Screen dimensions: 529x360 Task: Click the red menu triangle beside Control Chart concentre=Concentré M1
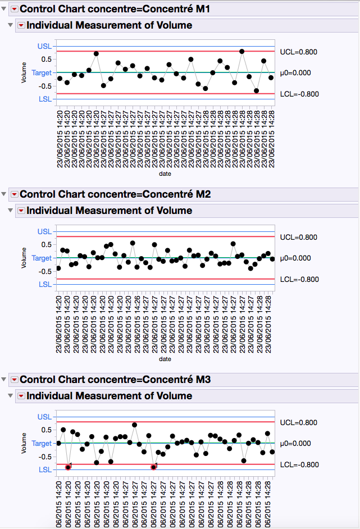[14, 9]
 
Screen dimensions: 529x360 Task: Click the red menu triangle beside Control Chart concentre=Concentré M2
[14, 194]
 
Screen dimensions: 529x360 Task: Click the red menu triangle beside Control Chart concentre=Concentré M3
[14, 380]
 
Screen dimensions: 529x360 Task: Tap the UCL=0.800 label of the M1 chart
[298, 52]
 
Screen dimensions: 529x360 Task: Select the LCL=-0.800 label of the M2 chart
[298, 279]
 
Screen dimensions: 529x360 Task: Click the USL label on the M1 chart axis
[44, 46]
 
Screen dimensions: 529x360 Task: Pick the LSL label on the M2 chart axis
[44, 284]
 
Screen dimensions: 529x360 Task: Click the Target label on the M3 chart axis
[42, 443]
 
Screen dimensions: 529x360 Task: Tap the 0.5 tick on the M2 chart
[46, 244]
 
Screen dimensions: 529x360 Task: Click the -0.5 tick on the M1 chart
[45, 86]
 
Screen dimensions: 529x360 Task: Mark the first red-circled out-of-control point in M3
[68, 467]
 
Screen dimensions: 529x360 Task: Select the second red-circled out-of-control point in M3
[154, 467]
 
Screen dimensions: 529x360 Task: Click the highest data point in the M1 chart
[241, 51]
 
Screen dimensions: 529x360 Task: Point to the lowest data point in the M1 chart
[256, 90]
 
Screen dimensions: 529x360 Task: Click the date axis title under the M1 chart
[165, 174]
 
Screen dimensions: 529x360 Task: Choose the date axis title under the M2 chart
[165, 359]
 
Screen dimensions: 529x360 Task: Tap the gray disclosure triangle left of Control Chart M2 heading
[4, 194]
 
